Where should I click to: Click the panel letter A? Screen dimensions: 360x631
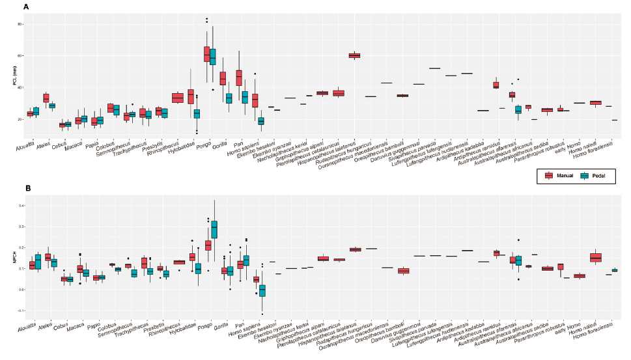26,7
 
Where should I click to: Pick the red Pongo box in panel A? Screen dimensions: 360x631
206,54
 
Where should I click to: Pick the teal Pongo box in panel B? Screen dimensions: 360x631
213,229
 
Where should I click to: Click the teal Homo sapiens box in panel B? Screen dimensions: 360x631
261,289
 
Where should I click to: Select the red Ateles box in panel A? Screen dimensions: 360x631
46,98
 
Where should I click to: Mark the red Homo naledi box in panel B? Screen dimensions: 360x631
595,257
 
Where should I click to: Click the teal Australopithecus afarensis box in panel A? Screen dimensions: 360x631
518,109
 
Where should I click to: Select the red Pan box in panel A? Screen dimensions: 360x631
239,77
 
